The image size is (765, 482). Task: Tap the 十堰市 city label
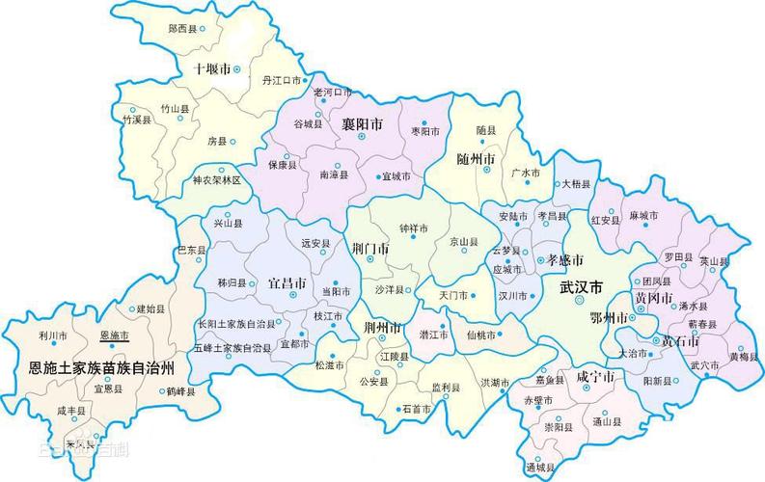[x=212, y=69]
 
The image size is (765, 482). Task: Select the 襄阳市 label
[x=362, y=125]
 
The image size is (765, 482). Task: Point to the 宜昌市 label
[x=287, y=284]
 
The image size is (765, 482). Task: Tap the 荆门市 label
[x=371, y=249]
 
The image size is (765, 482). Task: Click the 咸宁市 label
[x=595, y=377]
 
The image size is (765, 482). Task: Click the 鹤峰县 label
[x=180, y=391]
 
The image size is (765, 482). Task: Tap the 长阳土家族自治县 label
[x=236, y=323]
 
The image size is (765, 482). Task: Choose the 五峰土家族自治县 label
[x=232, y=347]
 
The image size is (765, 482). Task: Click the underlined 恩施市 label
[x=114, y=335]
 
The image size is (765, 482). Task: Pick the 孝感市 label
[x=565, y=260]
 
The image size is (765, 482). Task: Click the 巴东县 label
[x=191, y=250]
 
